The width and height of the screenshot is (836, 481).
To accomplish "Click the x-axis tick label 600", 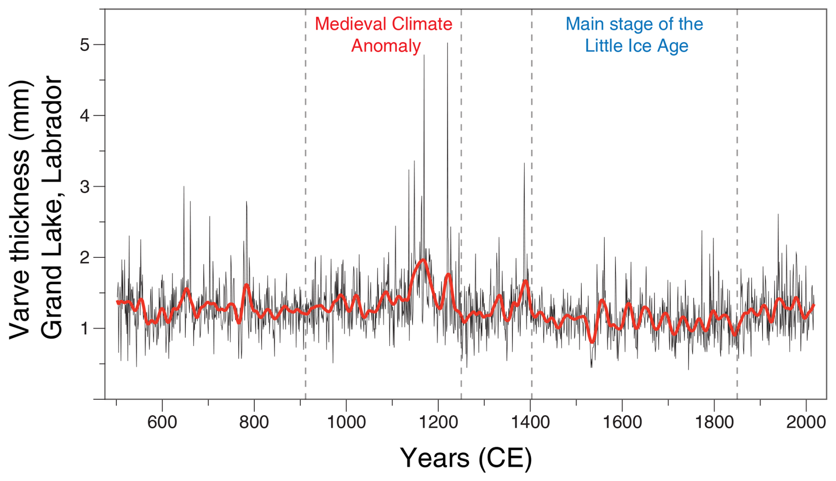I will [x=162, y=422].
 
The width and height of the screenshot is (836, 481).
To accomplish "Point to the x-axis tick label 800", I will [x=254, y=422].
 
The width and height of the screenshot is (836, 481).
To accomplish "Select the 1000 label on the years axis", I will [x=346, y=422].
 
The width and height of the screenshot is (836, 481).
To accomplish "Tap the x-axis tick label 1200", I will [x=438, y=422].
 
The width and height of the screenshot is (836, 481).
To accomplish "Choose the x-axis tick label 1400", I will [x=530, y=422].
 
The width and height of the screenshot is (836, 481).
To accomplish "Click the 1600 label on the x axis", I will [x=622, y=422].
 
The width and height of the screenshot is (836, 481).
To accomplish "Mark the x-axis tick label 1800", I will [x=714, y=422].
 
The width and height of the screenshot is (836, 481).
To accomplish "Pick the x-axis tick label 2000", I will [x=806, y=422].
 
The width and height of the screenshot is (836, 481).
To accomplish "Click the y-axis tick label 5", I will [x=84, y=45].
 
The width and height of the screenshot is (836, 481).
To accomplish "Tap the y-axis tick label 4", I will [x=84, y=116].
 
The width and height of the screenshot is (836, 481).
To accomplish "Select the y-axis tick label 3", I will [x=84, y=187].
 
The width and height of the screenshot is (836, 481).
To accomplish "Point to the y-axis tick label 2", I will [x=84, y=257].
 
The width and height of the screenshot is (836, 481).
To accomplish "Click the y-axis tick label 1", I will [x=84, y=328].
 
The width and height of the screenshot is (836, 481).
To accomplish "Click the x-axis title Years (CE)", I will [x=466, y=458].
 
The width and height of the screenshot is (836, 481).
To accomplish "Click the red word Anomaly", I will [x=386, y=46].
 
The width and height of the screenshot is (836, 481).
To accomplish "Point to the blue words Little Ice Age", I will [x=636, y=46].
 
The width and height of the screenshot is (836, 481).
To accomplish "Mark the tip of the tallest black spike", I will [x=447, y=43].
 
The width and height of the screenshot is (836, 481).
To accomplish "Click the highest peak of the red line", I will [x=424, y=260].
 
